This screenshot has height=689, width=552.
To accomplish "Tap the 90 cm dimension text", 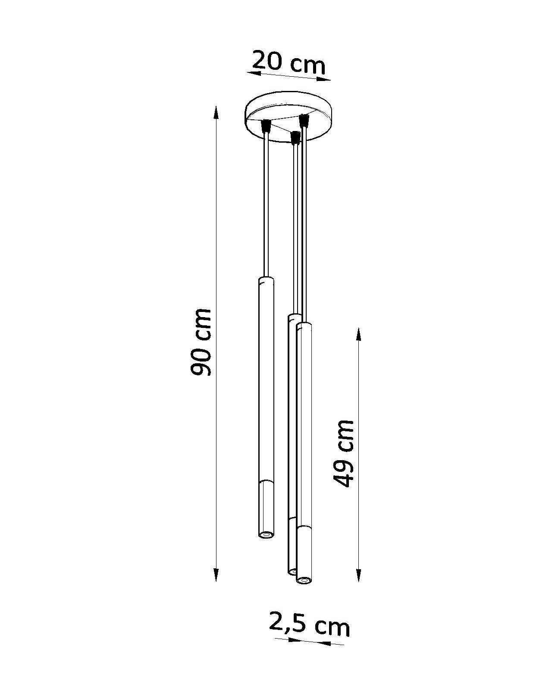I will tap(201, 342).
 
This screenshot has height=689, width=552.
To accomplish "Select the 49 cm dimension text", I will tap(344, 453).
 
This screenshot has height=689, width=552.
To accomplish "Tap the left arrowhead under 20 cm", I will tap(254, 74).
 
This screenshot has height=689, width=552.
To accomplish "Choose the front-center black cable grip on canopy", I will tap(295, 138).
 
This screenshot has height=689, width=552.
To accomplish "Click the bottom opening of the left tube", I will tap(266, 534).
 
